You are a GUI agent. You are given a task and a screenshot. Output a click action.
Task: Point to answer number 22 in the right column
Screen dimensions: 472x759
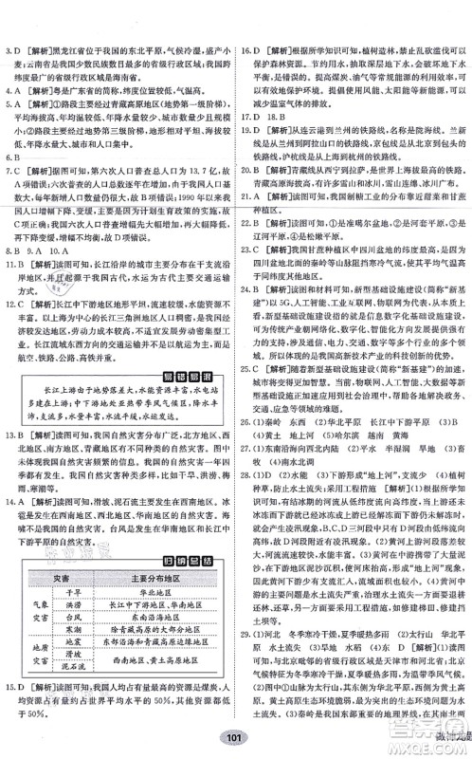(248, 243)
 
